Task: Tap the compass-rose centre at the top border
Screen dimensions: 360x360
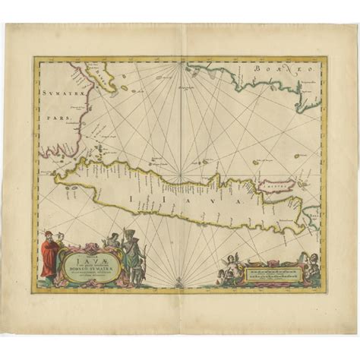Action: [180, 65]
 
